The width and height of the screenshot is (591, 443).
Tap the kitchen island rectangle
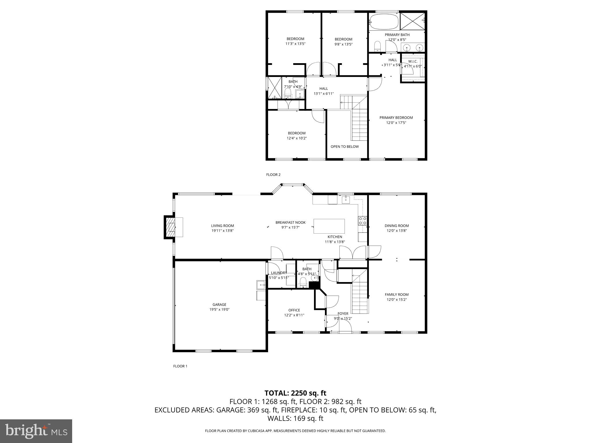click(329, 226)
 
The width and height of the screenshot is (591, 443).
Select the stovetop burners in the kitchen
click(362, 221)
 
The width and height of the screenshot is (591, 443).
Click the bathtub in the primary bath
click(384, 22)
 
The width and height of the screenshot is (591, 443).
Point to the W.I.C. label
click(413, 61)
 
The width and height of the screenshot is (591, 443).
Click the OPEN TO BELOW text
click(345, 147)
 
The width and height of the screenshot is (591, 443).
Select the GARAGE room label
click(219, 305)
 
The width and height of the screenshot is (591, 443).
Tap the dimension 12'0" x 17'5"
click(396, 123)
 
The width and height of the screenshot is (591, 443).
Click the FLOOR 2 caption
click(273, 174)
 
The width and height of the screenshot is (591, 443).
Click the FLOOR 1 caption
click(180, 366)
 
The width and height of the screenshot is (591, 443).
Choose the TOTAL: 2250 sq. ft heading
click(295, 393)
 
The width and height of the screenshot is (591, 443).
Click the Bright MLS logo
click(36, 431)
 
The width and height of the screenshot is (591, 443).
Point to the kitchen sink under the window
click(346, 199)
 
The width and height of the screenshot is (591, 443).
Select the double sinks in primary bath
click(413, 47)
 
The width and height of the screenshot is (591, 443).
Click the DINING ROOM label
click(397, 226)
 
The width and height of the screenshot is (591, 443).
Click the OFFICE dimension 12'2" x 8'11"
click(294, 315)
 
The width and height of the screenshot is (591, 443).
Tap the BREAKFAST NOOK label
click(290, 222)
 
